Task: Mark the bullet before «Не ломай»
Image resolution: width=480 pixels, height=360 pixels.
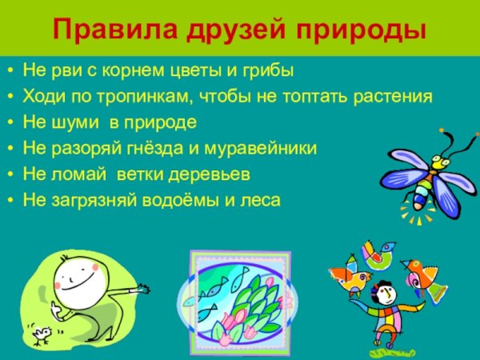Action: pyautogui.click(x=10, y=174)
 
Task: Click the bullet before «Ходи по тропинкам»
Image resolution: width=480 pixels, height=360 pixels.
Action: pyautogui.click(x=10, y=98)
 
